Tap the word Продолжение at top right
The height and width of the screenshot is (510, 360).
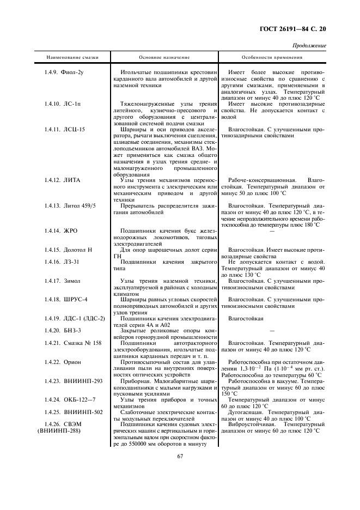point(309,46)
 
